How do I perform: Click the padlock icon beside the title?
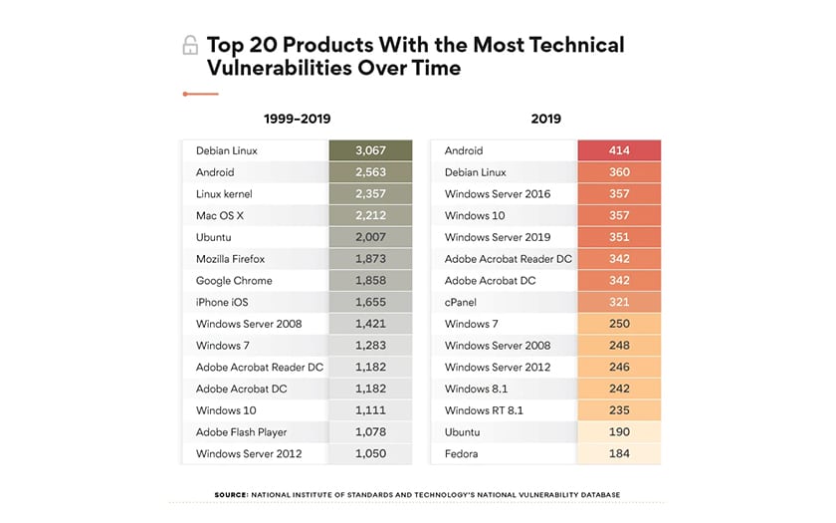(x=190, y=46)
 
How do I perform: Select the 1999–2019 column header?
(x=297, y=119)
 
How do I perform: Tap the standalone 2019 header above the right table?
(x=545, y=119)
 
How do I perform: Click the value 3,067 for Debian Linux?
(x=370, y=150)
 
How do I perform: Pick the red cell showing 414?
(x=619, y=150)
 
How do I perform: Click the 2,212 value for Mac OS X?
(x=370, y=215)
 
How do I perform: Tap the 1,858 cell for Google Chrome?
(x=370, y=281)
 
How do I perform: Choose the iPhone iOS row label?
(x=224, y=302)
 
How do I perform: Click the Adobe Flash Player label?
(x=241, y=432)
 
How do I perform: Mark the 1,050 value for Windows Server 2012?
(x=370, y=454)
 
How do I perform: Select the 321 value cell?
(x=619, y=302)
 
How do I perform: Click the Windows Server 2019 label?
(x=498, y=237)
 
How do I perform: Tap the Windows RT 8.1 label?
(x=484, y=410)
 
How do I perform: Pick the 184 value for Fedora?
(x=619, y=454)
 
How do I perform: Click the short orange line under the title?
(x=200, y=94)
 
